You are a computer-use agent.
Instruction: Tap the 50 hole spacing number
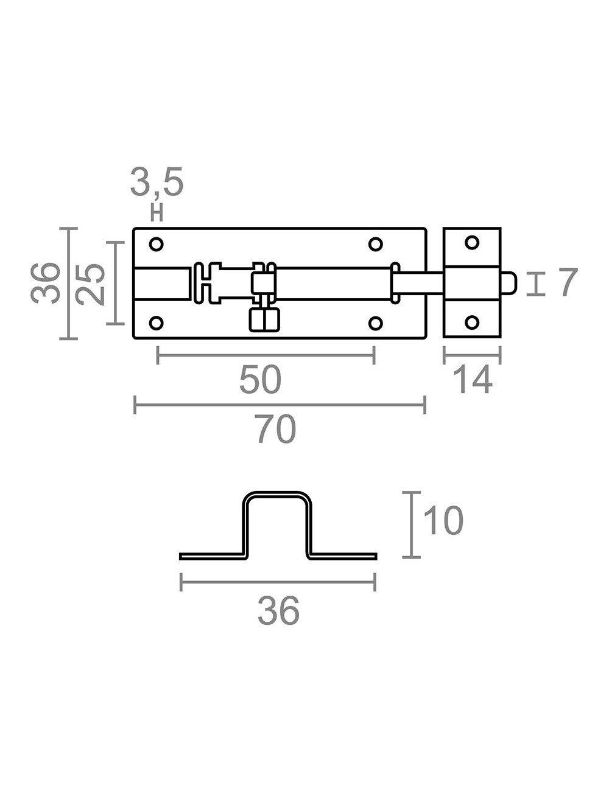click(x=260, y=380)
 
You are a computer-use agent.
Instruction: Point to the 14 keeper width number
click(x=472, y=381)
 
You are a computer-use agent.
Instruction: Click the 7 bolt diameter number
click(x=566, y=284)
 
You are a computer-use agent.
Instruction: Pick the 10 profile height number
click(x=443, y=522)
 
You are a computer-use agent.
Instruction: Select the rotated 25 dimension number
click(x=92, y=284)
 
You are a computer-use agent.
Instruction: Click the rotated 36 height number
click(x=46, y=284)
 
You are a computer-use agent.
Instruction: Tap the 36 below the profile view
click(x=278, y=612)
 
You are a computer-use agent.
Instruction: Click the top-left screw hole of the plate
click(x=157, y=244)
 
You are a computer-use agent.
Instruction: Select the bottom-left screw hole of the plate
click(x=157, y=322)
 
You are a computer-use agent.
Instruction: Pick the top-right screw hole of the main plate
click(x=376, y=244)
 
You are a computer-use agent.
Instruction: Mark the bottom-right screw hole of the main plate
click(x=376, y=322)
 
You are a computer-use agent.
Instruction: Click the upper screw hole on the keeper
click(x=472, y=243)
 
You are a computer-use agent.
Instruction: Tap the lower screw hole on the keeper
click(x=472, y=322)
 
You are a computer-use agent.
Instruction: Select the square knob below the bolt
click(x=264, y=319)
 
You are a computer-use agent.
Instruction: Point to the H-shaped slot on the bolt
click(x=208, y=283)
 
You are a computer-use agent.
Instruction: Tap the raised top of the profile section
click(x=278, y=495)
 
